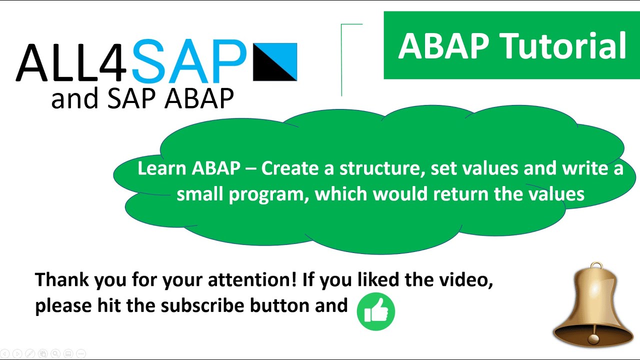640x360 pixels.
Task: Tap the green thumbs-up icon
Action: [x=376, y=311]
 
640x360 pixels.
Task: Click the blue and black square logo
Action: [x=275, y=62]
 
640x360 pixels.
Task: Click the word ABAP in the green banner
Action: [x=443, y=46]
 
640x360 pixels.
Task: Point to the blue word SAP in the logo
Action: [x=189, y=62]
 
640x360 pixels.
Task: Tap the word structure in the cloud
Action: [x=385, y=169]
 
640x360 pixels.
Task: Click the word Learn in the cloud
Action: [x=162, y=169]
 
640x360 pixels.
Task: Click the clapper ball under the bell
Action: [x=593, y=339]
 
